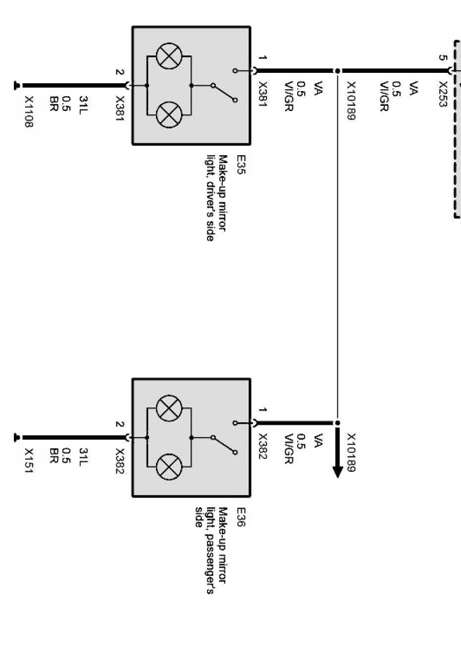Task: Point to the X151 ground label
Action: [28, 461]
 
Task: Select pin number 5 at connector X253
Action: [442, 57]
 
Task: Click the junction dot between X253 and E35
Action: [337, 71]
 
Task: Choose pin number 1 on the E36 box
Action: [262, 410]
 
